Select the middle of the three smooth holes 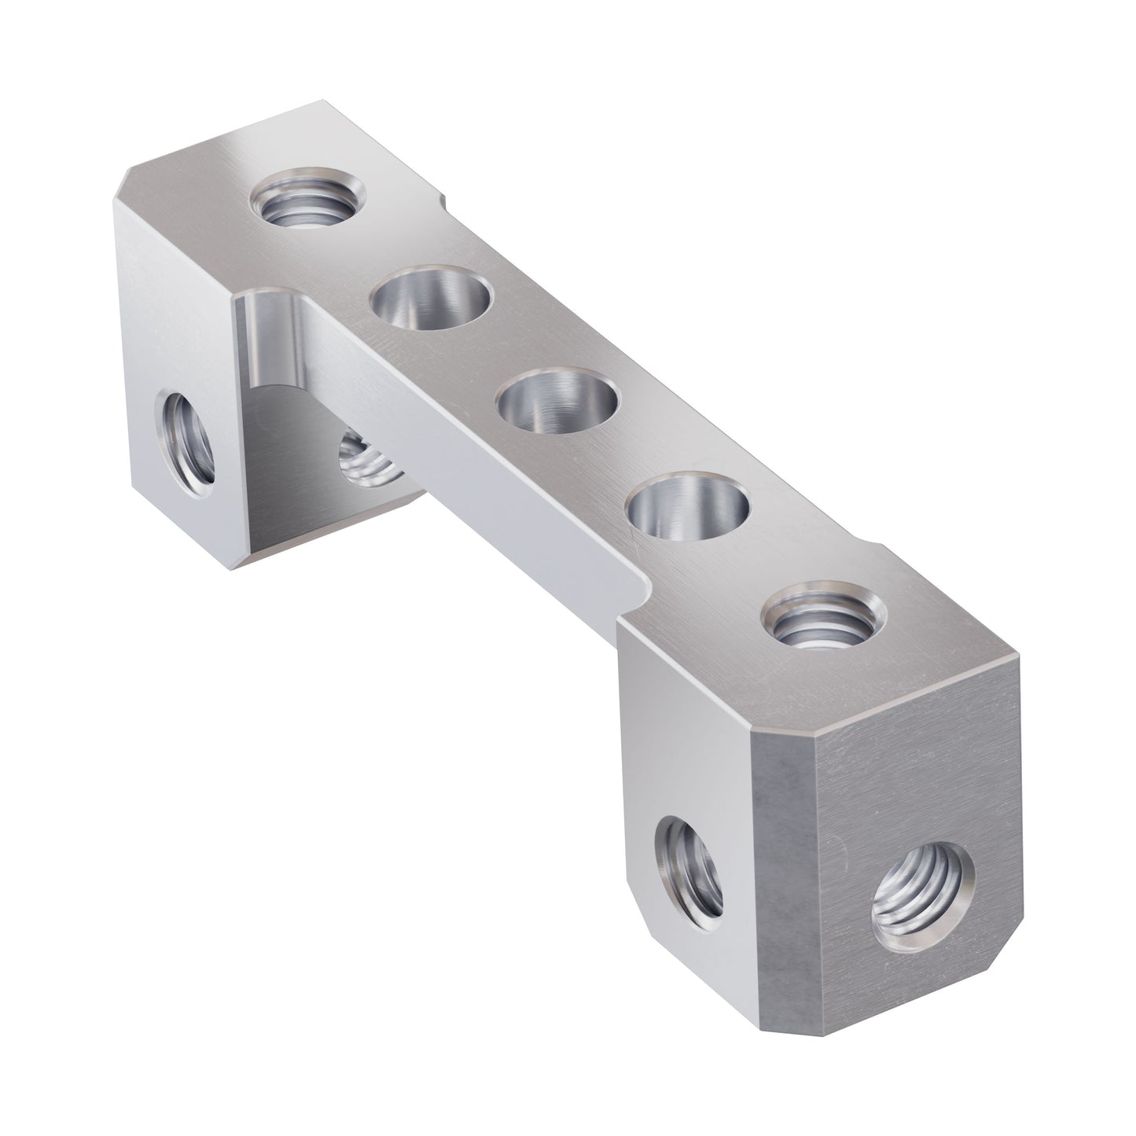[559, 403]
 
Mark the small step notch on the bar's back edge [447, 206]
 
